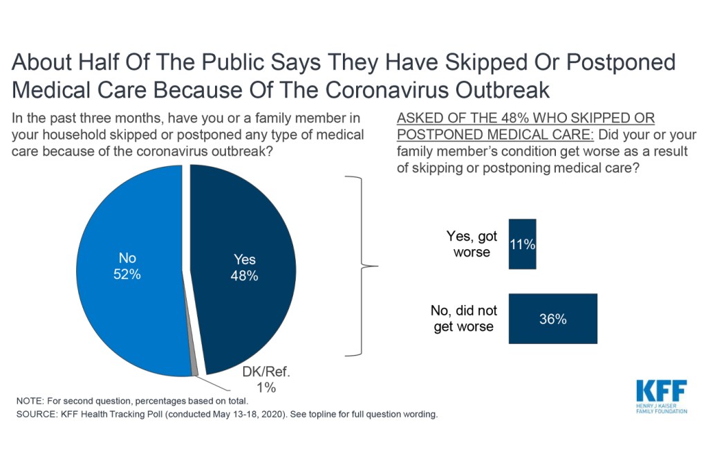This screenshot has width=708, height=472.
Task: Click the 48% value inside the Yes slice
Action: [x=244, y=275]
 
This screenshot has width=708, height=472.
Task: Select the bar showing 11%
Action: [x=522, y=244]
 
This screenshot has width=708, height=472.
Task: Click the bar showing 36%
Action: [x=552, y=318]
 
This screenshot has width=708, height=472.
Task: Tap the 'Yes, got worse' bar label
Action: [x=471, y=244]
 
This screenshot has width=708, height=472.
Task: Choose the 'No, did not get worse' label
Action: [x=464, y=318]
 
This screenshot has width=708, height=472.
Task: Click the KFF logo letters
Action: [x=661, y=391]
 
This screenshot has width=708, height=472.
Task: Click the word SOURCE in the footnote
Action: [x=35, y=415]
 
